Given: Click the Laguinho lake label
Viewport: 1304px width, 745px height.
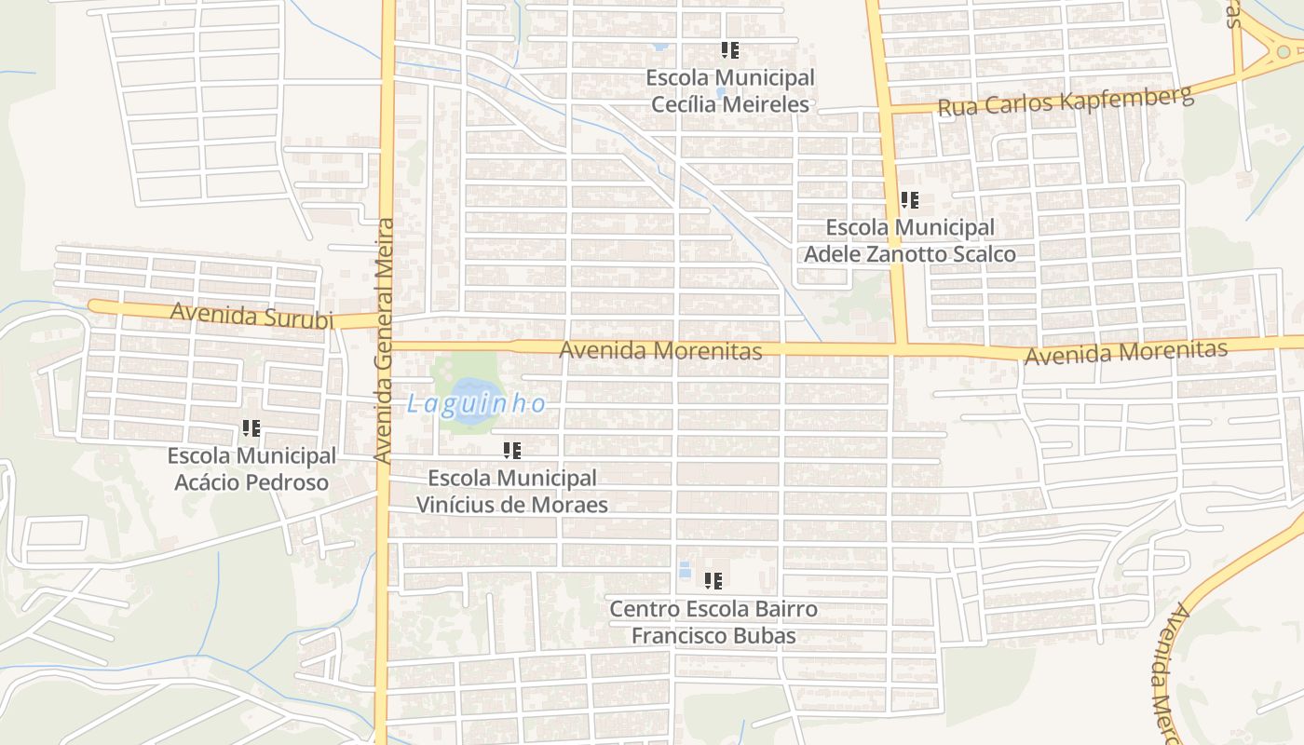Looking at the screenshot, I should [x=476, y=404].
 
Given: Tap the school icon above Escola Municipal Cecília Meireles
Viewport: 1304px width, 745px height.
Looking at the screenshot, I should [x=730, y=50].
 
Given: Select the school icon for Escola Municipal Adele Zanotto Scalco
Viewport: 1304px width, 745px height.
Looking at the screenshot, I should [x=910, y=200].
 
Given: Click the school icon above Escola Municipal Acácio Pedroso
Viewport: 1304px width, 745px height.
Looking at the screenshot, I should [x=251, y=428].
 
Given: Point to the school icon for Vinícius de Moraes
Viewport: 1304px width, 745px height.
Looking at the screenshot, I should [x=512, y=451].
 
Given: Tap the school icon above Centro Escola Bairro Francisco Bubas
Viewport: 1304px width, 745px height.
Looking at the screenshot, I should [x=713, y=581].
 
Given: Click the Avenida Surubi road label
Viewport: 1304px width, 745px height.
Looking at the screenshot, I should [x=251, y=316].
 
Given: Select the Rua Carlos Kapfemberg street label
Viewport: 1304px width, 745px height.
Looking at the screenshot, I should [x=1065, y=102].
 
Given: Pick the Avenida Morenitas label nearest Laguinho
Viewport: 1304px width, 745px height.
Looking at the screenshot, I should [x=660, y=350].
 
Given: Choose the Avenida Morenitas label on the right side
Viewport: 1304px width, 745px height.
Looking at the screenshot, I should [x=1125, y=352].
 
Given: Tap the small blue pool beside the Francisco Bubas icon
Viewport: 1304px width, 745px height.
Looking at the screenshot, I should [x=686, y=570].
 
